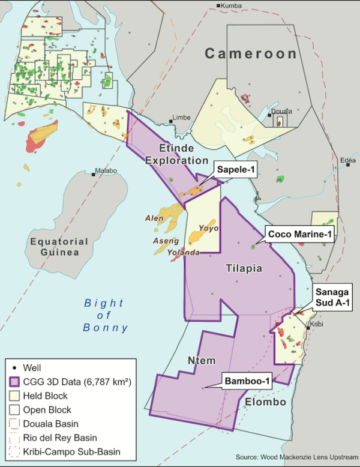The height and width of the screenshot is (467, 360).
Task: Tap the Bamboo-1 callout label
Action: pos(248,381)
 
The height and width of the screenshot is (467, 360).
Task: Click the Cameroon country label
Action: pos(251,54)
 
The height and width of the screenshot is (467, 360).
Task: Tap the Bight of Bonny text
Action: pos(106,315)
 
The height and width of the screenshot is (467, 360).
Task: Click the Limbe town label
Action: pos(181,118)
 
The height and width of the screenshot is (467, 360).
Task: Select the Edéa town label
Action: pos(347,160)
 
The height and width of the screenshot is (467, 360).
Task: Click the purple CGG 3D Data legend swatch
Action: pos(14,382)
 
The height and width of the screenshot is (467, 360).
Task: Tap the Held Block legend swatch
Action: pos(14,396)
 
